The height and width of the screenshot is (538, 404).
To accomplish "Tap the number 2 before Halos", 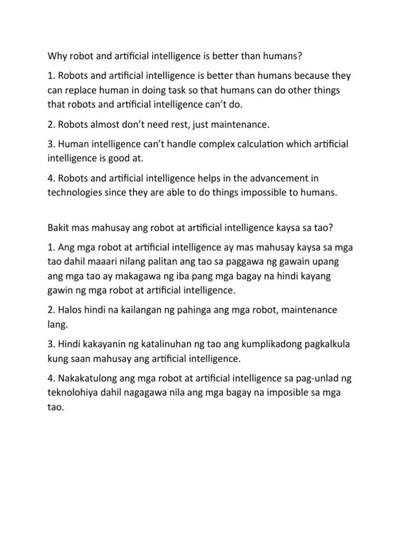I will pos(51,311).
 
